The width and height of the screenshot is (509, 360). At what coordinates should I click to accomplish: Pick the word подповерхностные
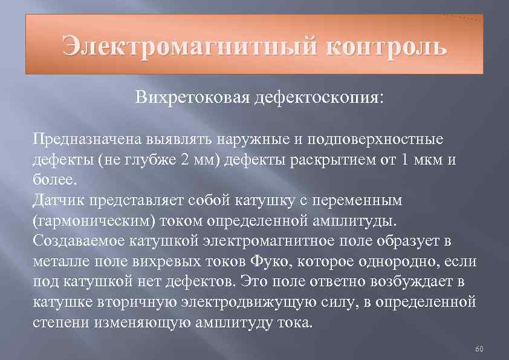click(x=375, y=140)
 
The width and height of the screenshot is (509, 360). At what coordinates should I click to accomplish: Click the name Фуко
click(x=265, y=261)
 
